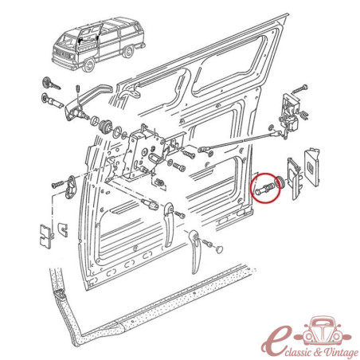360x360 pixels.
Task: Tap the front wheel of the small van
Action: pyautogui.click(x=88, y=65)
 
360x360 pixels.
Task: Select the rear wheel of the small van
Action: pyautogui.click(x=128, y=51)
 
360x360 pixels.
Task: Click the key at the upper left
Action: pyautogui.click(x=51, y=83)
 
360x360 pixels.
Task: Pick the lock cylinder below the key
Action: pyautogui.click(x=52, y=100)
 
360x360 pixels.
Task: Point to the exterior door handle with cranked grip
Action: pyautogui.click(x=85, y=102)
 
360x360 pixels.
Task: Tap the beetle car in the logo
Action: pyautogui.click(x=324, y=331)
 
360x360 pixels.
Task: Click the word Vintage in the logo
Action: pyautogui.click(x=340, y=352)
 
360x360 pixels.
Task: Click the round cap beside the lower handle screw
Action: pyautogui.click(x=219, y=249)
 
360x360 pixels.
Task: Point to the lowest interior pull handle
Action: pyautogui.click(x=195, y=252)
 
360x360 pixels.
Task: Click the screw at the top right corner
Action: pyautogui.click(x=299, y=89)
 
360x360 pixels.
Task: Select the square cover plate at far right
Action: pyautogui.click(x=311, y=166)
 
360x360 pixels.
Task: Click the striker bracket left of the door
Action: pyautogui.click(x=71, y=188)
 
